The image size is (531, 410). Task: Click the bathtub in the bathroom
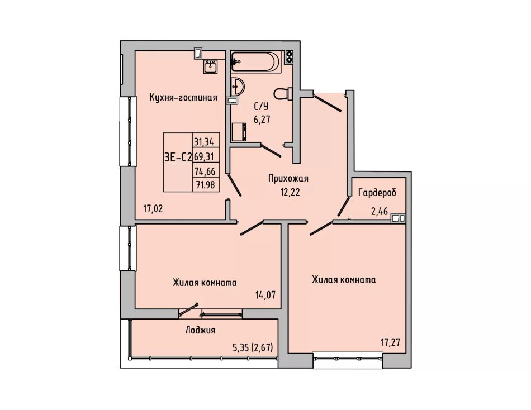pyautogui.click(x=256, y=61)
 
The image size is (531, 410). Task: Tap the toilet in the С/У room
pyautogui.click(x=283, y=94)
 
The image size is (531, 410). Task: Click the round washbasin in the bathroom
pyautogui.click(x=238, y=87)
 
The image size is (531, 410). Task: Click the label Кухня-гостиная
pyautogui.click(x=183, y=98)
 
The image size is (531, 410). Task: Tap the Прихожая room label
pyautogui.click(x=288, y=178)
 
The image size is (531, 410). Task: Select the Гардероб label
pyautogui.click(x=377, y=193)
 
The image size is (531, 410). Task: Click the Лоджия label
pyautogui.click(x=200, y=330)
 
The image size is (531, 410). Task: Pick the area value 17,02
pyautogui.click(x=153, y=208)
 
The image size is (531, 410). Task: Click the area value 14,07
pyautogui.click(x=265, y=294)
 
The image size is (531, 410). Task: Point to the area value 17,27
pyautogui.click(x=390, y=342)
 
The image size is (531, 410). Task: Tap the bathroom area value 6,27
pyautogui.click(x=262, y=119)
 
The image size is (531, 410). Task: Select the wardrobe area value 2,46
pyautogui.click(x=380, y=212)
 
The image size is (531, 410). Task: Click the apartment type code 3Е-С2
pyautogui.click(x=178, y=157)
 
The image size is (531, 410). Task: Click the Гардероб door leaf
pyautogui.click(x=343, y=206)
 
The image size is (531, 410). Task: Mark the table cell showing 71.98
pyautogui.click(x=206, y=185)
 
